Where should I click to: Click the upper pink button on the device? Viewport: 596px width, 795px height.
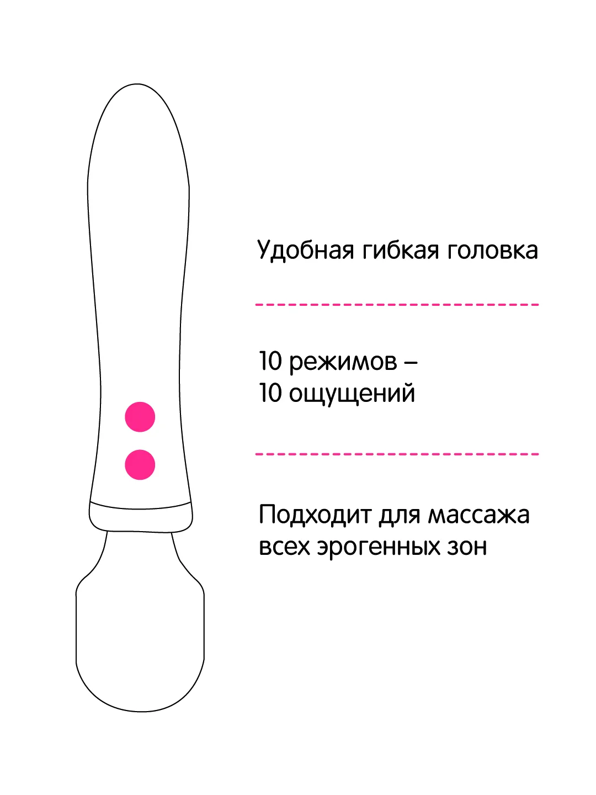[x=140, y=416]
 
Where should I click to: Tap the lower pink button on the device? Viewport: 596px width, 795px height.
[x=140, y=465]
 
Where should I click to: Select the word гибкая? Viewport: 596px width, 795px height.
[x=401, y=250]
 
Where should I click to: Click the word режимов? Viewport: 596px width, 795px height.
[x=343, y=362]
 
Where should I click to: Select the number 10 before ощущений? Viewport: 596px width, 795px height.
[x=270, y=393]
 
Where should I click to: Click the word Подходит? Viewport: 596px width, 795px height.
[x=315, y=515]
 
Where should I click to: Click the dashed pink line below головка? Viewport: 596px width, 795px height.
[x=397, y=305]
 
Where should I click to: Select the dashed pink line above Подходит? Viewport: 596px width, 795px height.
[x=397, y=454]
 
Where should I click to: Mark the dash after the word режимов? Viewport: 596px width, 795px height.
[x=411, y=362]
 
